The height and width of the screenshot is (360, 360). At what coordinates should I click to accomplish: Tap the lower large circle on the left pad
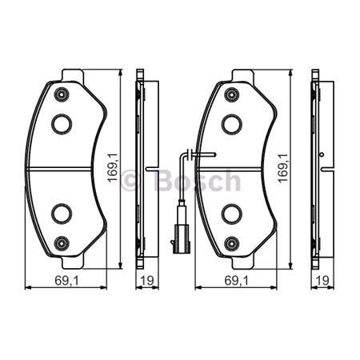pyautogui.click(x=62, y=213)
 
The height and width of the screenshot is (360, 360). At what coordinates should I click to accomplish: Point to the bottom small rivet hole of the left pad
pyautogui.click(x=62, y=242)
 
